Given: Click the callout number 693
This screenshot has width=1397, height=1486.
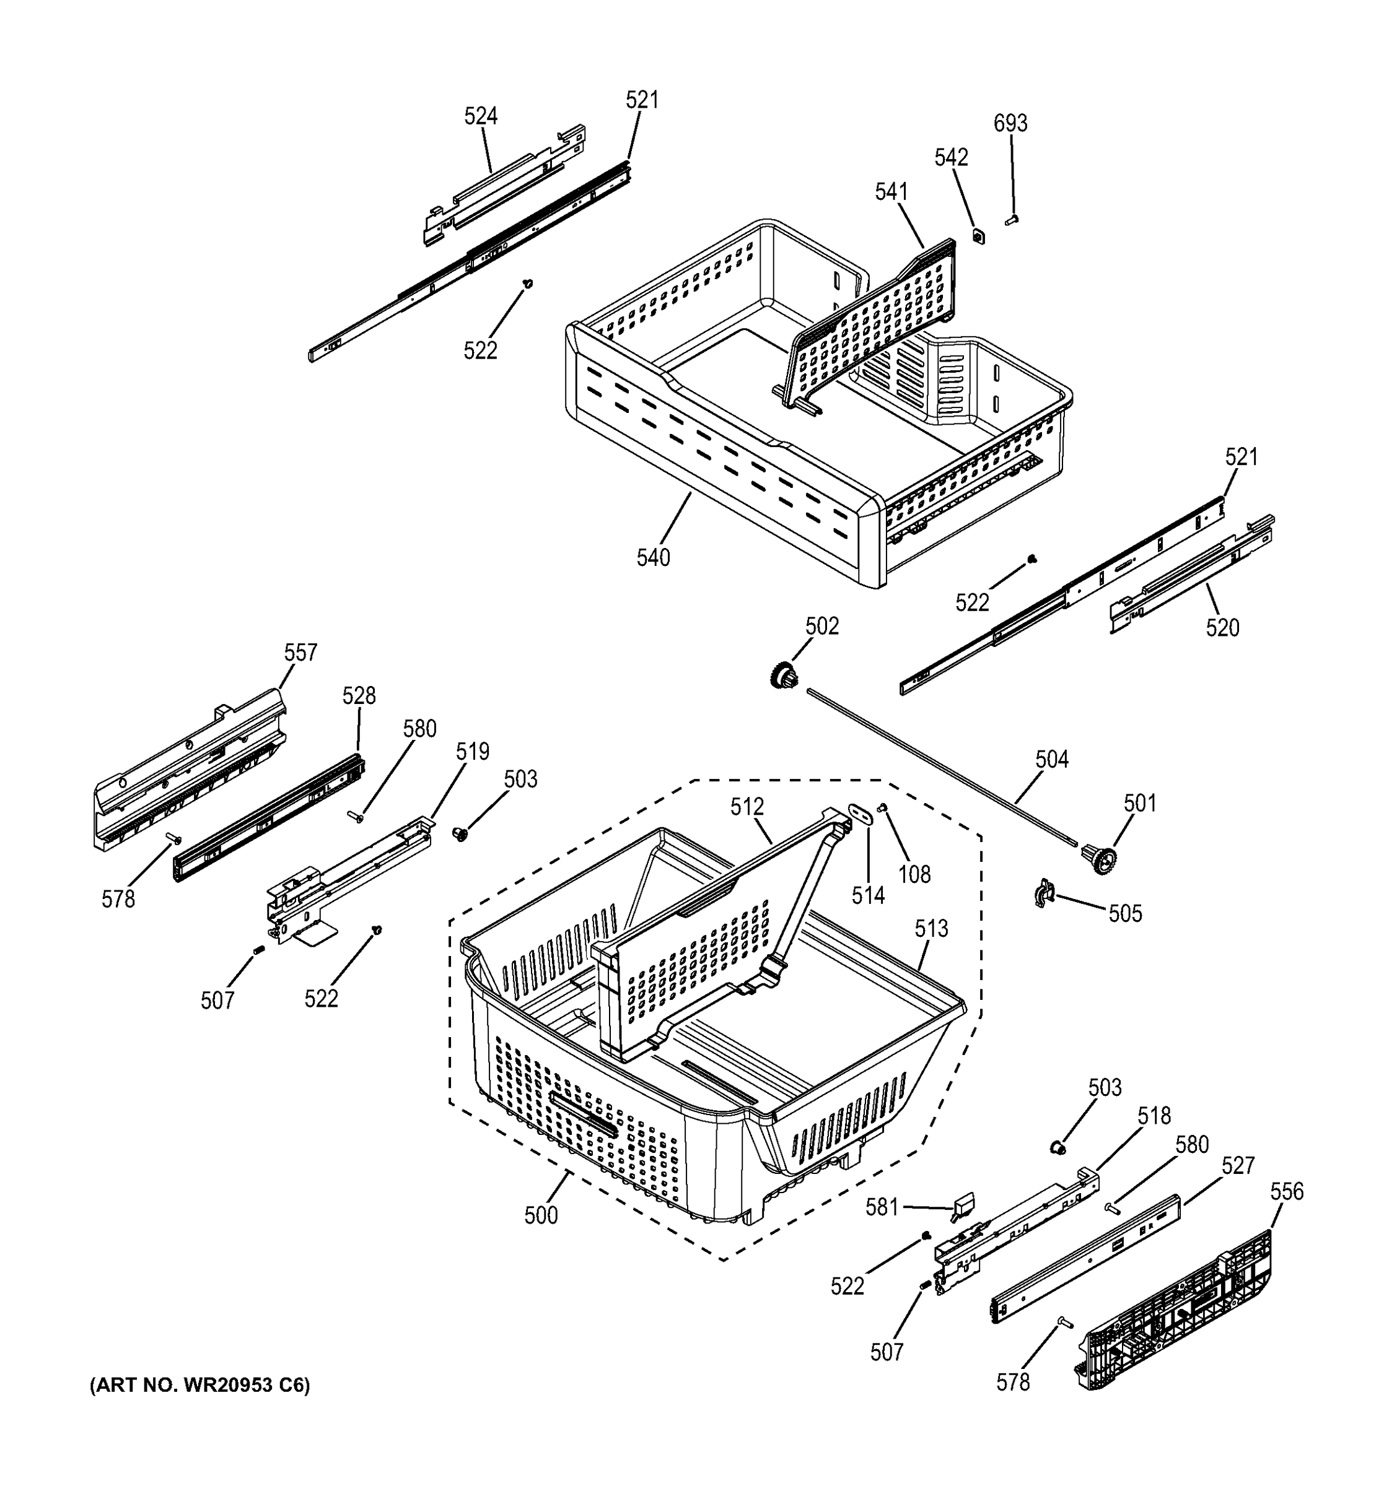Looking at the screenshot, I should point(1010,123).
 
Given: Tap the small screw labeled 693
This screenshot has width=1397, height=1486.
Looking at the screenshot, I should point(1013,220).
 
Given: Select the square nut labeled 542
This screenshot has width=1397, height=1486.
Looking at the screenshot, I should point(978,236).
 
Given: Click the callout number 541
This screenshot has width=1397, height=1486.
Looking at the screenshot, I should point(891,193).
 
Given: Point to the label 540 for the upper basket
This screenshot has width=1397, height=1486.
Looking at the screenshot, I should point(653,558).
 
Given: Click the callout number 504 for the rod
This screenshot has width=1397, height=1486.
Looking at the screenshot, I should point(1051,760).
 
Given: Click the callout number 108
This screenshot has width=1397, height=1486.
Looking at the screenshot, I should point(914,874).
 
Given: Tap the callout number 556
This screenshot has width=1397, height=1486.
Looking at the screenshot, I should point(1286,1191).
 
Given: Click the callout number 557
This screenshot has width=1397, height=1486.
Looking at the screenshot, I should point(300,653).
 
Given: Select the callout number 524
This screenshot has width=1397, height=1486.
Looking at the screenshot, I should point(481,116).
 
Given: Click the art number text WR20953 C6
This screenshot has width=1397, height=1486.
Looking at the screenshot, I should point(199,1386).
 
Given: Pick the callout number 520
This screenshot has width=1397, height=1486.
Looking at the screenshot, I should point(1222,628).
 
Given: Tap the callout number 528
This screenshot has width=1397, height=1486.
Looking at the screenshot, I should point(359,696).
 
